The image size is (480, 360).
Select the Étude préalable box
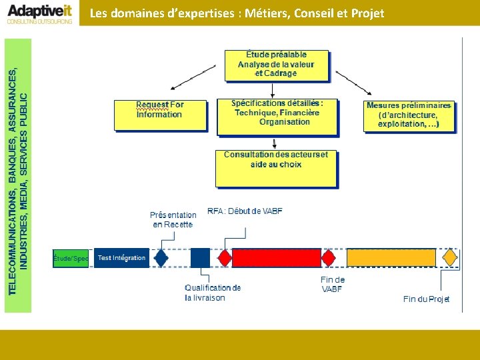pyautogui.click(x=276, y=65)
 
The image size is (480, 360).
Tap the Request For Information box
pyautogui.click(x=160, y=114)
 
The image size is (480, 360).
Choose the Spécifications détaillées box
pyautogui.click(x=277, y=117)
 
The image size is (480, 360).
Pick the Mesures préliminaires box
pyautogui.click(x=409, y=115)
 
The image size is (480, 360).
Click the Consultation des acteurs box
pyautogui.click(x=276, y=167)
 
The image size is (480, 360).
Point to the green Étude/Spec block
pyautogui.click(x=71, y=258)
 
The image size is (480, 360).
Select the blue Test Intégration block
pyautogui.click(x=121, y=258)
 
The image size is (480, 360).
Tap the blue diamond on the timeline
pyautogui.click(x=161, y=257)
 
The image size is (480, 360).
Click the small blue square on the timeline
pyautogui.click(x=200, y=257)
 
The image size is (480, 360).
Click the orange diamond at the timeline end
pyautogui.click(x=451, y=257)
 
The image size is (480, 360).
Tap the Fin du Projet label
pyautogui.click(x=427, y=299)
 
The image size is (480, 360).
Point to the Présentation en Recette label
pyautogui.click(x=173, y=219)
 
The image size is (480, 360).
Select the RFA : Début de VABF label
pyautogui.click(x=245, y=211)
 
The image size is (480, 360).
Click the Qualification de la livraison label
pyautogui.click(x=213, y=293)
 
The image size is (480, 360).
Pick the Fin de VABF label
pyautogui.click(x=333, y=284)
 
